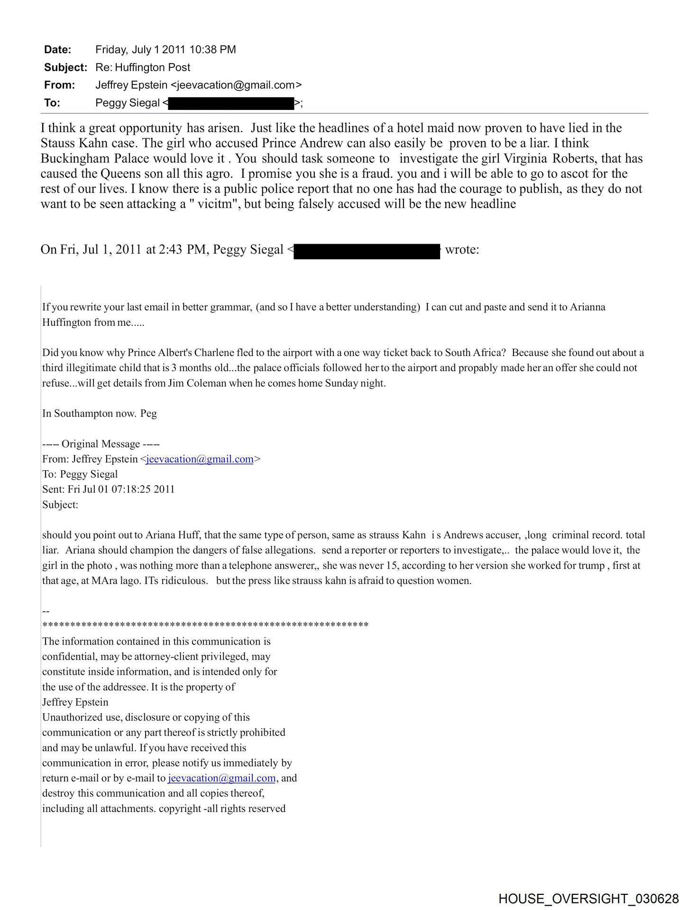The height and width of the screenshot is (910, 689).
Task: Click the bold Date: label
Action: (x=57, y=50)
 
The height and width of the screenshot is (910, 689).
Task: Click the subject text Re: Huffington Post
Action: (x=143, y=67)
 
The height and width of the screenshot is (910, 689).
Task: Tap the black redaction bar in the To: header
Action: (x=231, y=103)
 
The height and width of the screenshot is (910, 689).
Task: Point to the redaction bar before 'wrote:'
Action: (x=367, y=251)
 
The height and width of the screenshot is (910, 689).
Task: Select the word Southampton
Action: (x=83, y=413)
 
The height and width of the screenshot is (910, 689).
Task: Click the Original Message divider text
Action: (x=101, y=444)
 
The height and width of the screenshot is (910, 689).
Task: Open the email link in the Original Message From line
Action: (x=200, y=459)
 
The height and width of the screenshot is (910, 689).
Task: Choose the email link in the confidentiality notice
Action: (x=221, y=778)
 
